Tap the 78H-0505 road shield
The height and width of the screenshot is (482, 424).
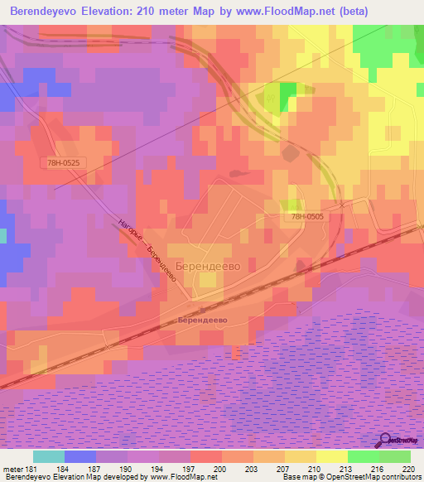(307, 217)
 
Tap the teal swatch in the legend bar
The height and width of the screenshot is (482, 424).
(49, 456)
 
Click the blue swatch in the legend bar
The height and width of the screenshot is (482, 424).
(80, 456)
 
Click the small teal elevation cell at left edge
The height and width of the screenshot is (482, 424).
(2, 236)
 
